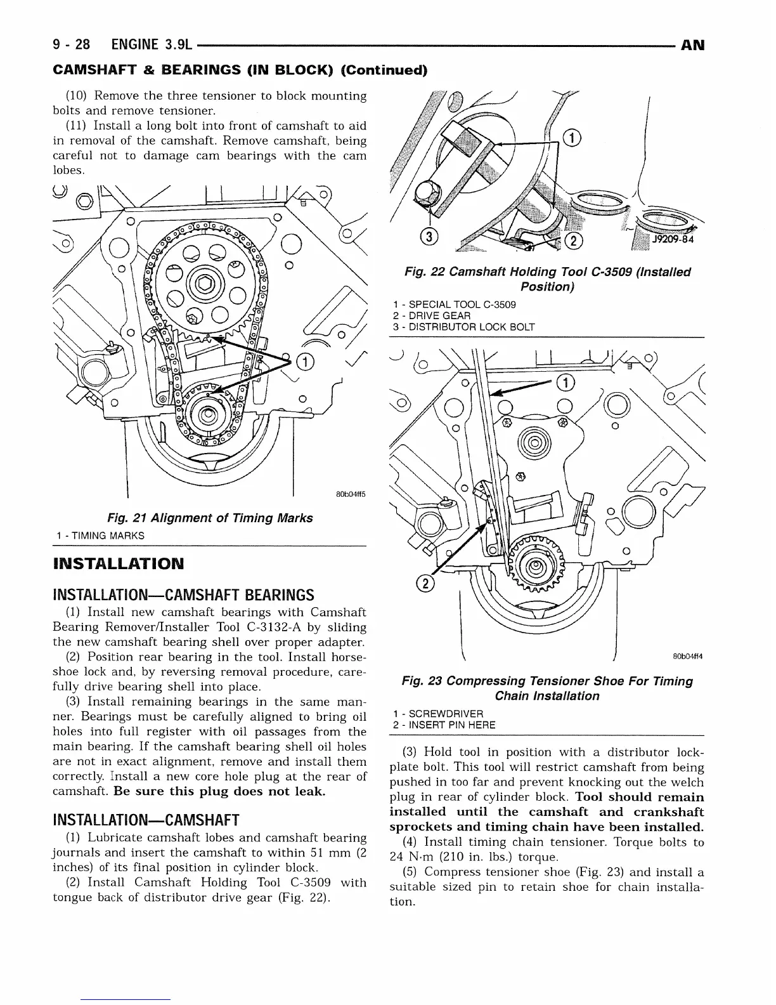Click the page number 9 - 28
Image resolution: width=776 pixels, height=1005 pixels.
[x=72, y=45]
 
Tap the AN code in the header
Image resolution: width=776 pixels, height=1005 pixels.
[x=692, y=46]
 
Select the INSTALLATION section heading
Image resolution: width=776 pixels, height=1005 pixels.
[x=119, y=563]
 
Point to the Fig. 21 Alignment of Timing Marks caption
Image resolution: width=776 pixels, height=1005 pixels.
[x=210, y=518]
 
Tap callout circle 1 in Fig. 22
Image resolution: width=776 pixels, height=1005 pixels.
[x=571, y=138]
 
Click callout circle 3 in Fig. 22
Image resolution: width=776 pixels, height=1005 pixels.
[x=429, y=237]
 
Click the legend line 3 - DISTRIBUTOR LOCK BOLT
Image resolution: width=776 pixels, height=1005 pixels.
[x=463, y=327]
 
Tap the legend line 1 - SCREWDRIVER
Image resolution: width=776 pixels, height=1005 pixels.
[x=437, y=714]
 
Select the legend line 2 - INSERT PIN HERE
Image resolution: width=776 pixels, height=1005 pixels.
[x=444, y=725]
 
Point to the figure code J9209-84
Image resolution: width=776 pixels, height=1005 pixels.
[x=673, y=239]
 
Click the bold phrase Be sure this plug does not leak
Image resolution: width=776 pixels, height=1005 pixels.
[x=220, y=792]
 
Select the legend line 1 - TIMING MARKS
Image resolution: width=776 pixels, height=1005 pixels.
[x=100, y=535]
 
